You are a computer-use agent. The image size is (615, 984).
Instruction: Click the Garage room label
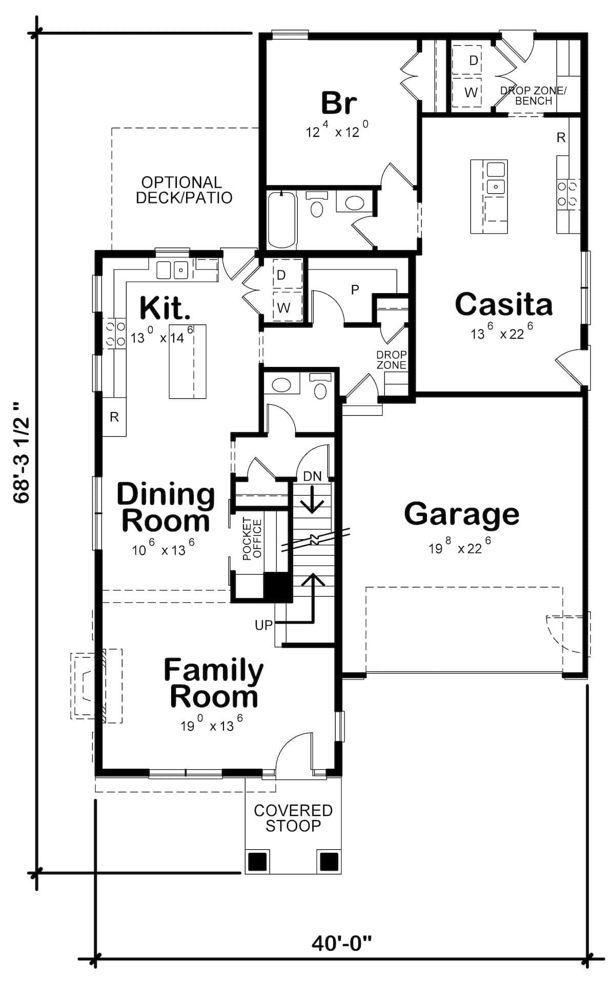pyautogui.click(x=461, y=514)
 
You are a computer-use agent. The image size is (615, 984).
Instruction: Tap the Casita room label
pyautogui.click(x=504, y=304)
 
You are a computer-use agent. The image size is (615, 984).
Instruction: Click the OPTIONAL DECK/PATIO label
pyautogui.click(x=183, y=190)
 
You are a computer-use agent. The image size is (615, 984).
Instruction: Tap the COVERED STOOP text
pyautogui.click(x=293, y=818)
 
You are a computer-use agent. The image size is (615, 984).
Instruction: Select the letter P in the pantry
pyautogui.click(x=355, y=290)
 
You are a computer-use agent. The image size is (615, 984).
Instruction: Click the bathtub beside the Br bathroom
pyautogui.click(x=281, y=219)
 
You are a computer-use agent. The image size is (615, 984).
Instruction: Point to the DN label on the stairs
pyautogui.click(x=312, y=476)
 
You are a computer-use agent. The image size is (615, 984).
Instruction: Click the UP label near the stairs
pyautogui.click(x=263, y=625)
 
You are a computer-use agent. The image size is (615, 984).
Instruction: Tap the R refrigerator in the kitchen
pyautogui.click(x=114, y=417)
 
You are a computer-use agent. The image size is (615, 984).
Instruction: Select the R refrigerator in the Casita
pyautogui.click(x=561, y=137)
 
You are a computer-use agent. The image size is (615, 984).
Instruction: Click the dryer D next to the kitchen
pyautogui.click(x=281, y=275)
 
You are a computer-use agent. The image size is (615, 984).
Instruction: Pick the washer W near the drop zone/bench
pyautogui.click(x=471, y=92)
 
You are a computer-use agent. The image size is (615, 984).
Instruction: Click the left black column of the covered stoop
pyautogui.click(x=258, y=862)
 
